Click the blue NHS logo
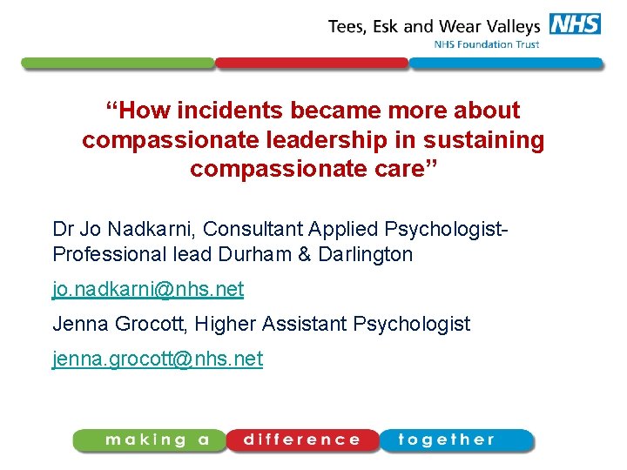pos(575,23)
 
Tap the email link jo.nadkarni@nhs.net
pos(148,289)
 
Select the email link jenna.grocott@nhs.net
pos(158,359)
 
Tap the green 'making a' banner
pos(152,440)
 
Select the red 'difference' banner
pos(302,440)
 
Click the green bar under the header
pos(118,64)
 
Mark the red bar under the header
pos(312,64)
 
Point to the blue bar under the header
pos(505,64)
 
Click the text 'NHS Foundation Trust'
pos(487,44)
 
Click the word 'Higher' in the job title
pos(223,325)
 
